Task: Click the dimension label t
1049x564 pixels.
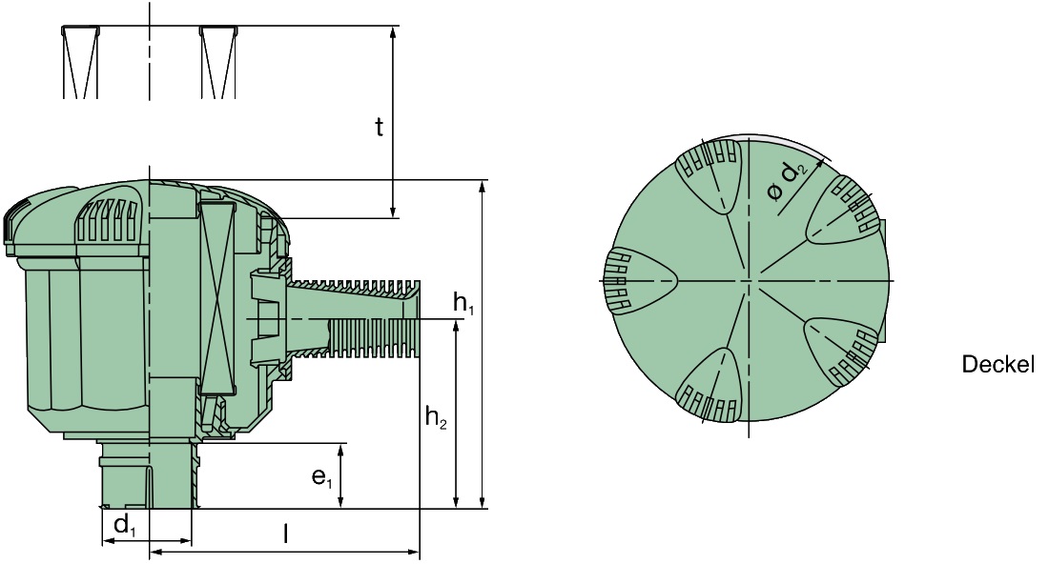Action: coord(379,127)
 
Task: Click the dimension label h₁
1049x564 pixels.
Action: coord(463,305)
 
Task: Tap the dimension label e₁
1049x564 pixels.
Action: coord(321,476)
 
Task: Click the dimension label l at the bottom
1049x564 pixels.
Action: coord(285,534)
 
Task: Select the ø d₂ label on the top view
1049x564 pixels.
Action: coord(788,181)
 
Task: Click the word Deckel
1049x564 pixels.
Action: coord(998,365)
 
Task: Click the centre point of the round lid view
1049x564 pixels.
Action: coord(749,281)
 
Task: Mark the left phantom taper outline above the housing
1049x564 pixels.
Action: coord(80,62)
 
